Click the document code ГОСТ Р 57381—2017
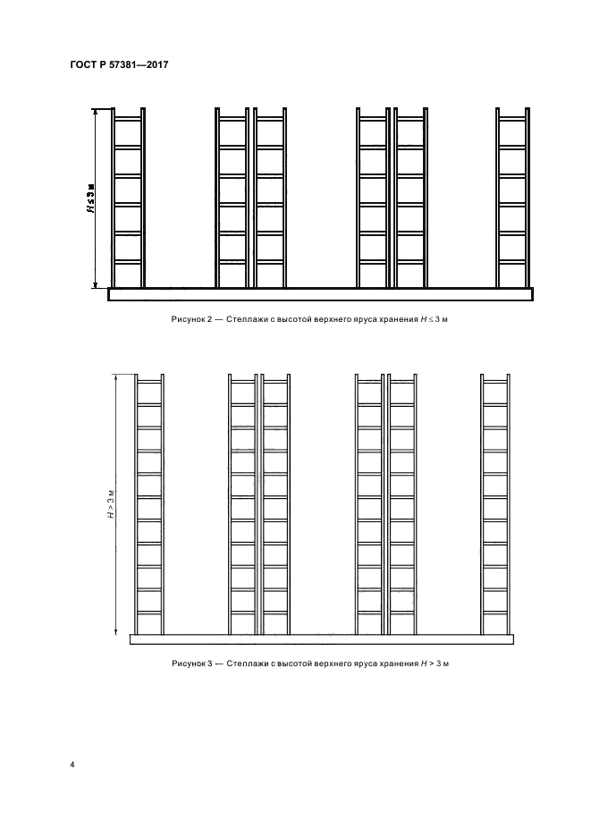(119, 64)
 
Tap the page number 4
(72, 765)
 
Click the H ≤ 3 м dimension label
(92, 199)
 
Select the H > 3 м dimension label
(111, 504)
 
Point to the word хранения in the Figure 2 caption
(398, 319)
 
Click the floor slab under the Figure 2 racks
(320, 294)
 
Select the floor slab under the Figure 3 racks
(321, 639)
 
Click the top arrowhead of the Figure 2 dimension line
(95, 112)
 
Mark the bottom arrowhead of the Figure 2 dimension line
(95, 284)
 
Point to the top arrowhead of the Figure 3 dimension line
(116, 378)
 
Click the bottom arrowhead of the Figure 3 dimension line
(116, 631)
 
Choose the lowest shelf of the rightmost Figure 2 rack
(512, 261)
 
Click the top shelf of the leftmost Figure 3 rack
(149, 382)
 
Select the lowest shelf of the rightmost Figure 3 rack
(494, 613)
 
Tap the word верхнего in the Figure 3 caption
(333, 664)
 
